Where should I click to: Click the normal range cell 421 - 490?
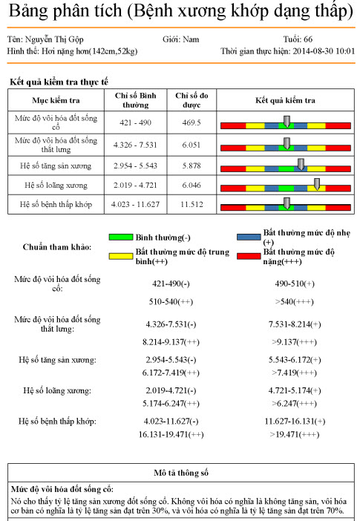click(137, 122)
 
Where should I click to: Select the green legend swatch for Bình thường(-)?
click(121, 237)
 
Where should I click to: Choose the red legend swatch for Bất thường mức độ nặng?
click(249, 256)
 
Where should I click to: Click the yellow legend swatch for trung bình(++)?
click(121, 256)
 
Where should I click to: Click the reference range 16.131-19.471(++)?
click(171, 434)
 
